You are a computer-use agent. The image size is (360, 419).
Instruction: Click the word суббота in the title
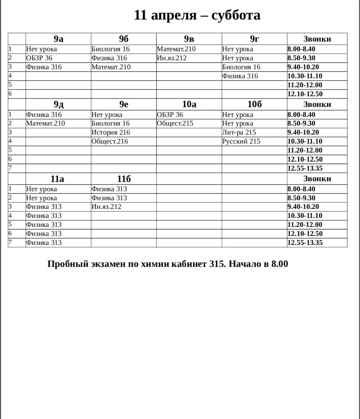(236, 15)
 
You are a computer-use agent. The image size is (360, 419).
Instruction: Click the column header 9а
(58, 39)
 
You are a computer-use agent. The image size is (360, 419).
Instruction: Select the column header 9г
(254, 39)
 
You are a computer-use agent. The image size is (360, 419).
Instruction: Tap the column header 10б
(254, 104)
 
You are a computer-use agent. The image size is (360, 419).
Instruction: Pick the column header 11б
(124, 179)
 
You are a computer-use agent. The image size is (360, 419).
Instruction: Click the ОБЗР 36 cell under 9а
(39, 58)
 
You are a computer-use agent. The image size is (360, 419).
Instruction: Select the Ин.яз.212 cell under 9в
(172, 58)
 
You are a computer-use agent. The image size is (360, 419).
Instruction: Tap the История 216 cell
(111, 132)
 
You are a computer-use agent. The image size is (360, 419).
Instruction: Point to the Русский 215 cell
(241, 141)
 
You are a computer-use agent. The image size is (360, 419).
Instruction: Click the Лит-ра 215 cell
(239, 132)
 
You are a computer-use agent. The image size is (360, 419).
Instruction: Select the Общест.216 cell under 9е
(110, 141)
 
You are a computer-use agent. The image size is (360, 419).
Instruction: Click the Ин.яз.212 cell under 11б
(106, 207)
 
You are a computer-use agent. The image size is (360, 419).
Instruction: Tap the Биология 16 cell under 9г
(241, 67)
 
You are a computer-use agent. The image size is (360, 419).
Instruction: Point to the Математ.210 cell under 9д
(46, 123)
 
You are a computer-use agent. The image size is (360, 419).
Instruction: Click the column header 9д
(58, 104)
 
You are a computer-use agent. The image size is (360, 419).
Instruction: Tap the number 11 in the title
(140, 15)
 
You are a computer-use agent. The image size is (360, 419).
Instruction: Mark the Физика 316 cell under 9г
(240, 76)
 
